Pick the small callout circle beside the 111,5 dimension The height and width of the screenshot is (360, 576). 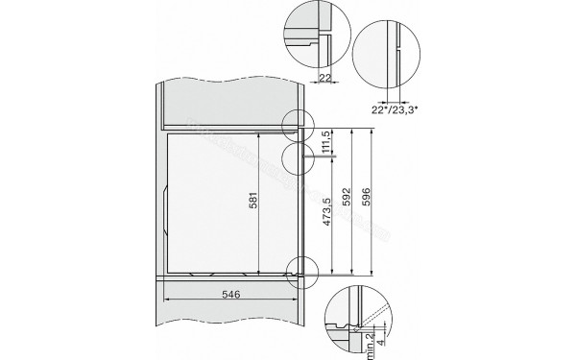pyautogui.click(x=298, y=156)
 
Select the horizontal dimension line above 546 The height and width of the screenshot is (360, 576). pyautogui.click(x=230, y=300)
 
